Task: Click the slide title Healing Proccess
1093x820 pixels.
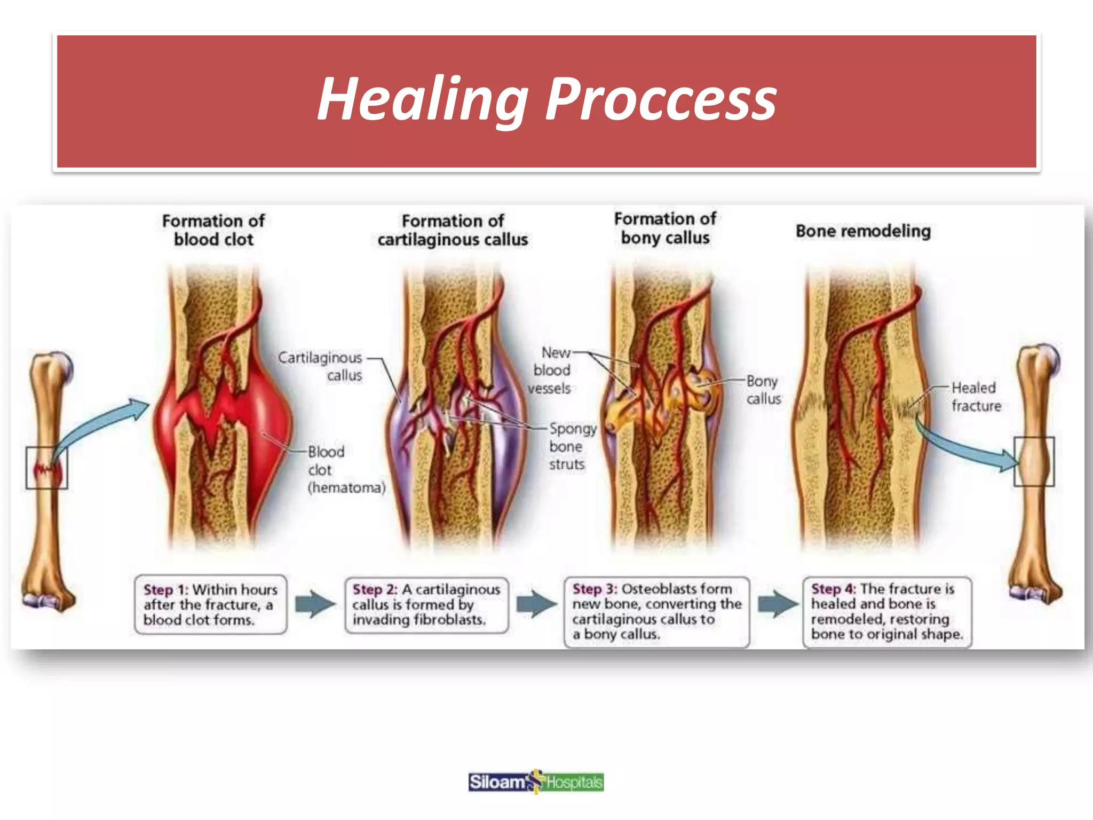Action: click(546, 99)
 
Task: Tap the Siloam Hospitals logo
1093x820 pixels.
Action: click(536, 782)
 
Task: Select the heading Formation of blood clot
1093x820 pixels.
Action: click(213, 230)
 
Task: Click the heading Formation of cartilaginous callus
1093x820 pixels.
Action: click(453, 230)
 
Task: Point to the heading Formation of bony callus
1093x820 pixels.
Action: click(665, 228)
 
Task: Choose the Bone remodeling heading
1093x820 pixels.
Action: click(863, 231)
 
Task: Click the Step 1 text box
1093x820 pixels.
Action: click(210, 604)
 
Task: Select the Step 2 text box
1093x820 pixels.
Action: click(426, 604)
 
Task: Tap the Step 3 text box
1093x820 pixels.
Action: click(656, 611)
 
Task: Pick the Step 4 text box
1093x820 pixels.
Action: click(886, 611)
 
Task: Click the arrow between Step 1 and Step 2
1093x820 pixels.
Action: click(315, 604)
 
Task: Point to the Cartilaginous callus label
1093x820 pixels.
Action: click(320, 366)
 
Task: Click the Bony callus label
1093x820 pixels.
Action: click(763, 390)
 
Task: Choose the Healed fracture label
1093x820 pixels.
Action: click(976, 397)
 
